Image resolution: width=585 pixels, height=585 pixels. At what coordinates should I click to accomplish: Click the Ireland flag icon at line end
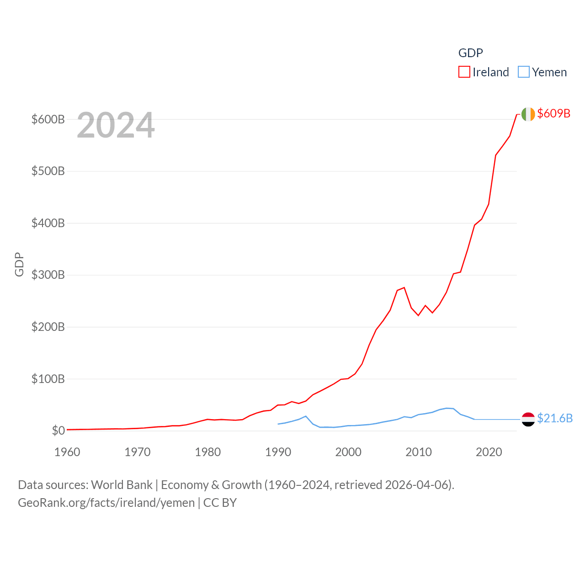click(x=528, y=114)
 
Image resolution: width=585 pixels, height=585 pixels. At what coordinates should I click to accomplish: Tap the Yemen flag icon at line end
click(x=528, y=419)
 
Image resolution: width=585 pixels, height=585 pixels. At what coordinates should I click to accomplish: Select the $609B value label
click(x=553, y=113)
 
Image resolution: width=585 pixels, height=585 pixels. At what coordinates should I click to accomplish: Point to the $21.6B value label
click(x=554, y=418)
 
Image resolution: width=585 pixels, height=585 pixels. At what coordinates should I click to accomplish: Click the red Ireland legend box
click(x=464, y=72)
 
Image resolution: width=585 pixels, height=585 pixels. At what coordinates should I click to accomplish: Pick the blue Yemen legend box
click(x=523, y=72)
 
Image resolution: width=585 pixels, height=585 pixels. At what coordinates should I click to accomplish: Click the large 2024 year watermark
click(x=116, y=125)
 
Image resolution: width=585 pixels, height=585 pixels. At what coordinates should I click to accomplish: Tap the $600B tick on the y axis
click(x=48, y=119)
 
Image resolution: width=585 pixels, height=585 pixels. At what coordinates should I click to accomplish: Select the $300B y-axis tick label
click(x=48, y=275)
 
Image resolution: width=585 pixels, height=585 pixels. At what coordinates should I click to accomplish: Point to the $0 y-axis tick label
click(x=58, y=431)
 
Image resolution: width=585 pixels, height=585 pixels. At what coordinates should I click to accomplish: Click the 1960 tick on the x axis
click(x=67, y=452)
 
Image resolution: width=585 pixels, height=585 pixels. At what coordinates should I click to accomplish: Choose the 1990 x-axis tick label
click(x=278, y=452)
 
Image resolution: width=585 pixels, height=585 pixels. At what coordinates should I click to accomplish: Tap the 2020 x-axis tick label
click(x=489, y=452)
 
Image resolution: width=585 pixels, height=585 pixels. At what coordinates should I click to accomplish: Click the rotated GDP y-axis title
click(x=19, y=264)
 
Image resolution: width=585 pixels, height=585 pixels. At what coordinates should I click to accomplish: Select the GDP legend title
click(x=470, y=53)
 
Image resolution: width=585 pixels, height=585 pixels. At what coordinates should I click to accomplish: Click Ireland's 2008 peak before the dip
click(x=404, y=287)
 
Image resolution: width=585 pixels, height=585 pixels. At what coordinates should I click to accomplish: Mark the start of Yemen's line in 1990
click(x=278, y=424)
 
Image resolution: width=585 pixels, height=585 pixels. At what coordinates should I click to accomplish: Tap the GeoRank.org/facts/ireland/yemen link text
click(x=106, y=503)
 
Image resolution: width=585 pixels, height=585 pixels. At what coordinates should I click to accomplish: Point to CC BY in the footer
click(x=220, y=503)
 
